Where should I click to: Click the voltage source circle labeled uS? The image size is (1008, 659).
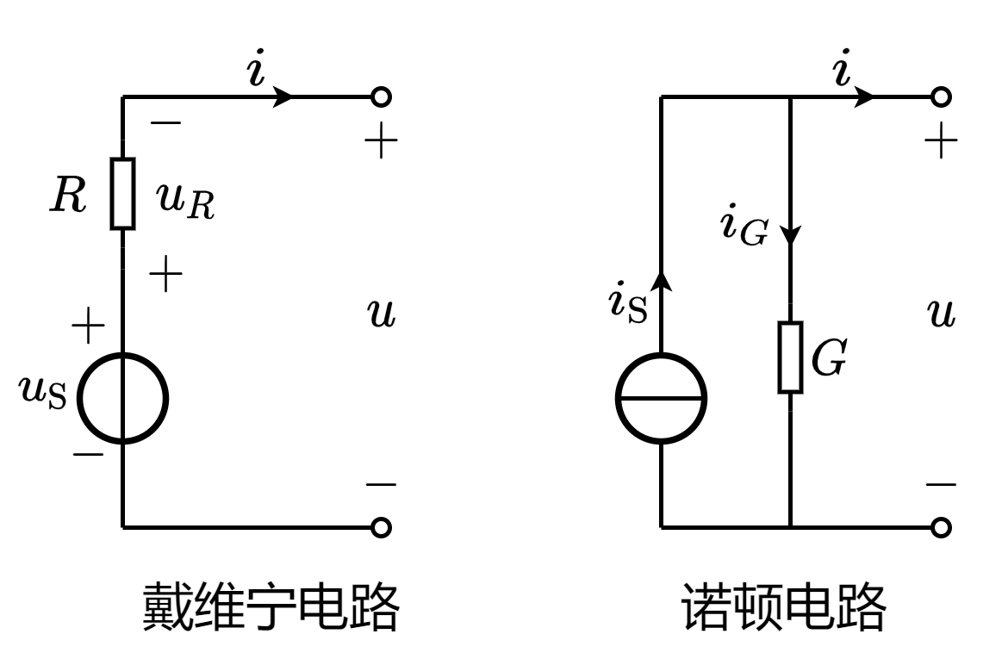pos(122,398)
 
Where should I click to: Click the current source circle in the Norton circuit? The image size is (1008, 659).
pos(661,398)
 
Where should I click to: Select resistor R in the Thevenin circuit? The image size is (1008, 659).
pos(122,194)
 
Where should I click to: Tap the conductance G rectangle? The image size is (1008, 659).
pos(790,357)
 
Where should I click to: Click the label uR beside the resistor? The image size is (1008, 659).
pos(184,200)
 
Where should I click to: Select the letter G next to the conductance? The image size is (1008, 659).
pos(829,358)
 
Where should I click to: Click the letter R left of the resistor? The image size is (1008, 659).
pos(68,196)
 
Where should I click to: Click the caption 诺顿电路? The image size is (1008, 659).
pos(783,607)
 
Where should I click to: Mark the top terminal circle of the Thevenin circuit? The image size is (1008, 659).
pos(381,96)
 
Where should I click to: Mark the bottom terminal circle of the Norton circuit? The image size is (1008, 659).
pos(941,526)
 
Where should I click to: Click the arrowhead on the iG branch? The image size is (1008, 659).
pos(790,234)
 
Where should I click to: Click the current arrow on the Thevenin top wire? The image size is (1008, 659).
pos(282,96)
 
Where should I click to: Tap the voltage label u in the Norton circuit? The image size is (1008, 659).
pos(943,314)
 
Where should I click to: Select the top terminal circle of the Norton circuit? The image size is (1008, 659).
pos(941,96)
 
